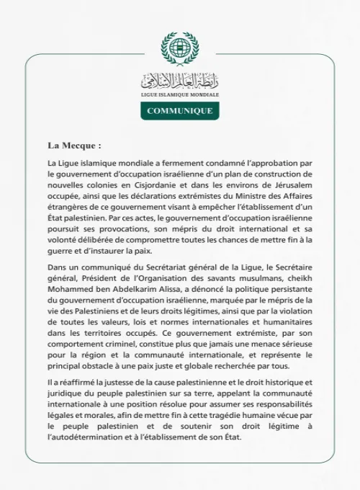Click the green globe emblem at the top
coord(179,48)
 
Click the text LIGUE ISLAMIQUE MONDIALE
coord(180,94)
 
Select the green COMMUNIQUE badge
coord(180,111)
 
